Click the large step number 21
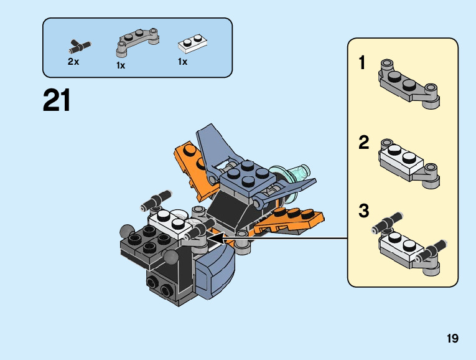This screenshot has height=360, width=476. coord(57,100)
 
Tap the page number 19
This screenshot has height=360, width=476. coord(452,338)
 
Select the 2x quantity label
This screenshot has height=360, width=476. coord(73,62)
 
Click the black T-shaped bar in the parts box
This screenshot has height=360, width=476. coord(80,47)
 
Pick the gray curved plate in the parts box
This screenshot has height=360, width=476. coord(138,42)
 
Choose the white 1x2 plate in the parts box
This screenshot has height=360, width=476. coord(192,44)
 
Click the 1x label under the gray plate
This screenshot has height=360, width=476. coord(121,65)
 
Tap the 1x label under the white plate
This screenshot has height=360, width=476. coord(182,62)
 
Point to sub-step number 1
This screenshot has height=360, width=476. coord(362,62)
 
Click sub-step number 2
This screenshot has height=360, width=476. coord(363,142)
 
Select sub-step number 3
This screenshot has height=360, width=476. coord(363,211)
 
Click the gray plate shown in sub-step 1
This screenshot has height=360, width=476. coord(409,83)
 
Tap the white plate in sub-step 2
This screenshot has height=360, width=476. coord(401,159)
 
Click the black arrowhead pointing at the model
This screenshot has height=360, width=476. coord(215,238)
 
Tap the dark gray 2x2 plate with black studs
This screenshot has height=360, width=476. coord(147,245)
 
